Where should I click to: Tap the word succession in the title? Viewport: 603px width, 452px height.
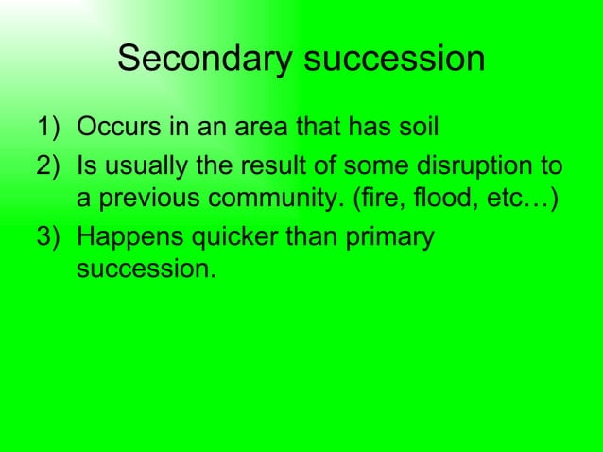tap(395, 61)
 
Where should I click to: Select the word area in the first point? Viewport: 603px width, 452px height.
tap(268, 127)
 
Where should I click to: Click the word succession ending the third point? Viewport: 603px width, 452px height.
tap(144, 269)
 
